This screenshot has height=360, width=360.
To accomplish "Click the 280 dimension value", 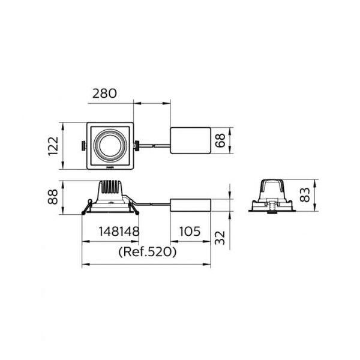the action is click(x=104, y=94).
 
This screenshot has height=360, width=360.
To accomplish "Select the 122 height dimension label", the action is click(x=53, y=146).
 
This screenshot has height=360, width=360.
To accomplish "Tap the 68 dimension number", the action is click(x=220, y=140).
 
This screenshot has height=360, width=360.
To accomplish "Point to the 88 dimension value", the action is click(x=53, y=197).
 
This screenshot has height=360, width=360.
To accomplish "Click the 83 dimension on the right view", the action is click(x=305, y=194).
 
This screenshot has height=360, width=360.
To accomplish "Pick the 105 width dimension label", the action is click(x=190, y=231).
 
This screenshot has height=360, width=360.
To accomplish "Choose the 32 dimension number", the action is click(x=220, y=238).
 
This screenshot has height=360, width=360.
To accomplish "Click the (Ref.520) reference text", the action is click(x=148, y=252).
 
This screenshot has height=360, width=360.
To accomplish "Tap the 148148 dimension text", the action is click(x=119, y=231).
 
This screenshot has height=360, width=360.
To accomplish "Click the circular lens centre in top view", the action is click(x=110, y=146).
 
